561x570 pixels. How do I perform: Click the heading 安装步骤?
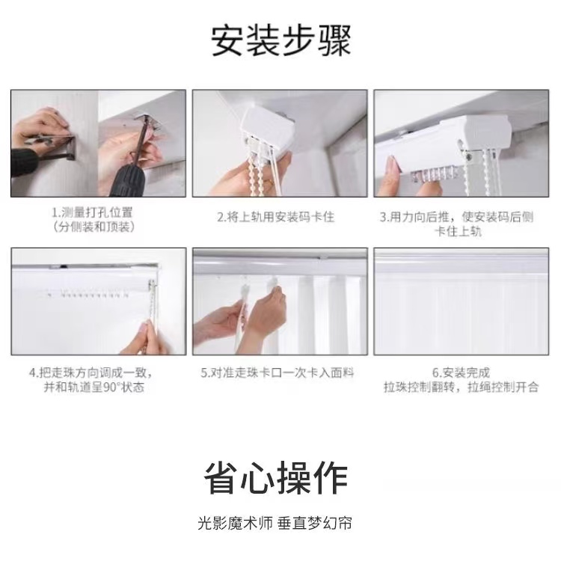pyautogui.click(x=280, y=40)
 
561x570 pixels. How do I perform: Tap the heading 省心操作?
pyautogui.click(x=276, y=478)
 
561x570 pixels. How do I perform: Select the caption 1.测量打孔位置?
pyautogui.click(x=92, y=212)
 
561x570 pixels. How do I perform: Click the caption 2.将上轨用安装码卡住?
pyautogui.click(x=275, y=217)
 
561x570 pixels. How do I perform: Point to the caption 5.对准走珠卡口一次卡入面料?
pyautogui.click(x=277, y=373)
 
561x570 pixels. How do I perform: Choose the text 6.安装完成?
pyautogui.click(x=461, y=373)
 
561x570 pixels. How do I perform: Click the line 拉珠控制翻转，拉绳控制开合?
pyautogui.click(x=461, y=387)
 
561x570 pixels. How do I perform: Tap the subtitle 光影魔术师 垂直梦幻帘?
pyautogui.click(x=275, y=524)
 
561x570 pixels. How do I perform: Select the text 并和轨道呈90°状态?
pyautogui.click(x=93, y=387)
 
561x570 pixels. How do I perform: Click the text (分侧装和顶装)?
pyautogui.click(x=93, y=227)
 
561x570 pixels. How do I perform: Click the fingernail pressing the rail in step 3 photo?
pyautogui.click(x=392, y=164)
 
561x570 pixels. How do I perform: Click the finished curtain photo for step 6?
pyautogui.click(x=462, y=301)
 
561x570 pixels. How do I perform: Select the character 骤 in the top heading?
pyautogui.click(x=334, y=40)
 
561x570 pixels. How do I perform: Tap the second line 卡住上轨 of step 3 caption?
pyautogui.click(x=458, y=231)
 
